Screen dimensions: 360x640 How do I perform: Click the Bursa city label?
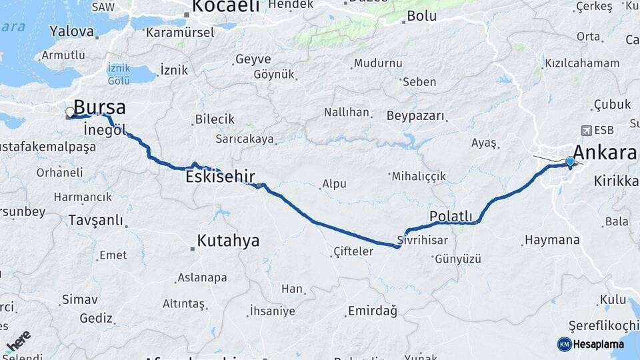[99, 107]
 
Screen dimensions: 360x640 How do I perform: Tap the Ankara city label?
[604, 153]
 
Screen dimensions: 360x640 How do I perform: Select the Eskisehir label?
[220, 177]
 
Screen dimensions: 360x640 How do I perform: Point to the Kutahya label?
[228, 241]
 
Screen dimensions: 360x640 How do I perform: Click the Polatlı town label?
[451, 216]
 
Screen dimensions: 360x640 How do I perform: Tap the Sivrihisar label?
[421, 239]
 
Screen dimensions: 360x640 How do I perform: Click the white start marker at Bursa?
[69, 112]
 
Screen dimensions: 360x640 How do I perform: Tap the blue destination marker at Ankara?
[570, 161]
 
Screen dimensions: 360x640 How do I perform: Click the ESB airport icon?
[586, 130]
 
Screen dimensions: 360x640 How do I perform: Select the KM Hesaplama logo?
[591, 344]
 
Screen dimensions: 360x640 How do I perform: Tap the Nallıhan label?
[346, 112]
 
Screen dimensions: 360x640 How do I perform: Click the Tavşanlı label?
[96, 220]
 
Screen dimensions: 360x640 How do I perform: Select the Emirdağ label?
[372, 311]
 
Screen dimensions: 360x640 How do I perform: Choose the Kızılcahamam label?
[582, 63]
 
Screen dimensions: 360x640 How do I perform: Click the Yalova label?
[72, 31]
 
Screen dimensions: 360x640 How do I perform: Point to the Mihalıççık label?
[419, 177]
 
